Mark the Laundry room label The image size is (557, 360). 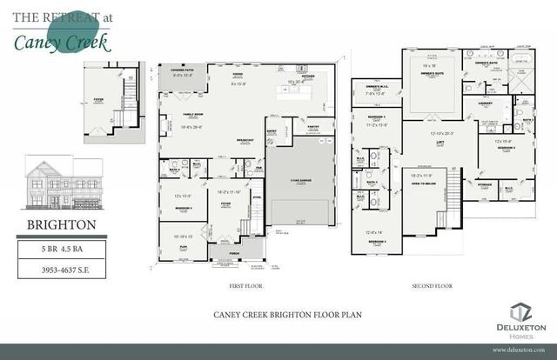486,103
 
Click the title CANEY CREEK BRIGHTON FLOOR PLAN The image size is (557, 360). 278,317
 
